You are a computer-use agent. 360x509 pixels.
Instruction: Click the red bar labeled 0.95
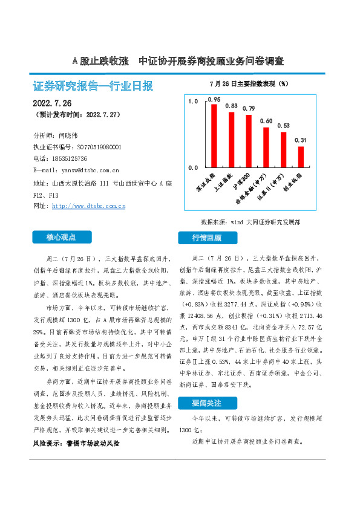tap(214, 135)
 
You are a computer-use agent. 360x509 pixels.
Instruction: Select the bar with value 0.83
tap(231, 139)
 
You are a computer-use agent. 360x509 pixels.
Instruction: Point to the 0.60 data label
tap(266, 121)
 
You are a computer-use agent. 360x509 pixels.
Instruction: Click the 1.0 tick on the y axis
tap(193, 102)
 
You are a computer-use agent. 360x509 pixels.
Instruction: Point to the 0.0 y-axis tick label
tap(193, 167)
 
